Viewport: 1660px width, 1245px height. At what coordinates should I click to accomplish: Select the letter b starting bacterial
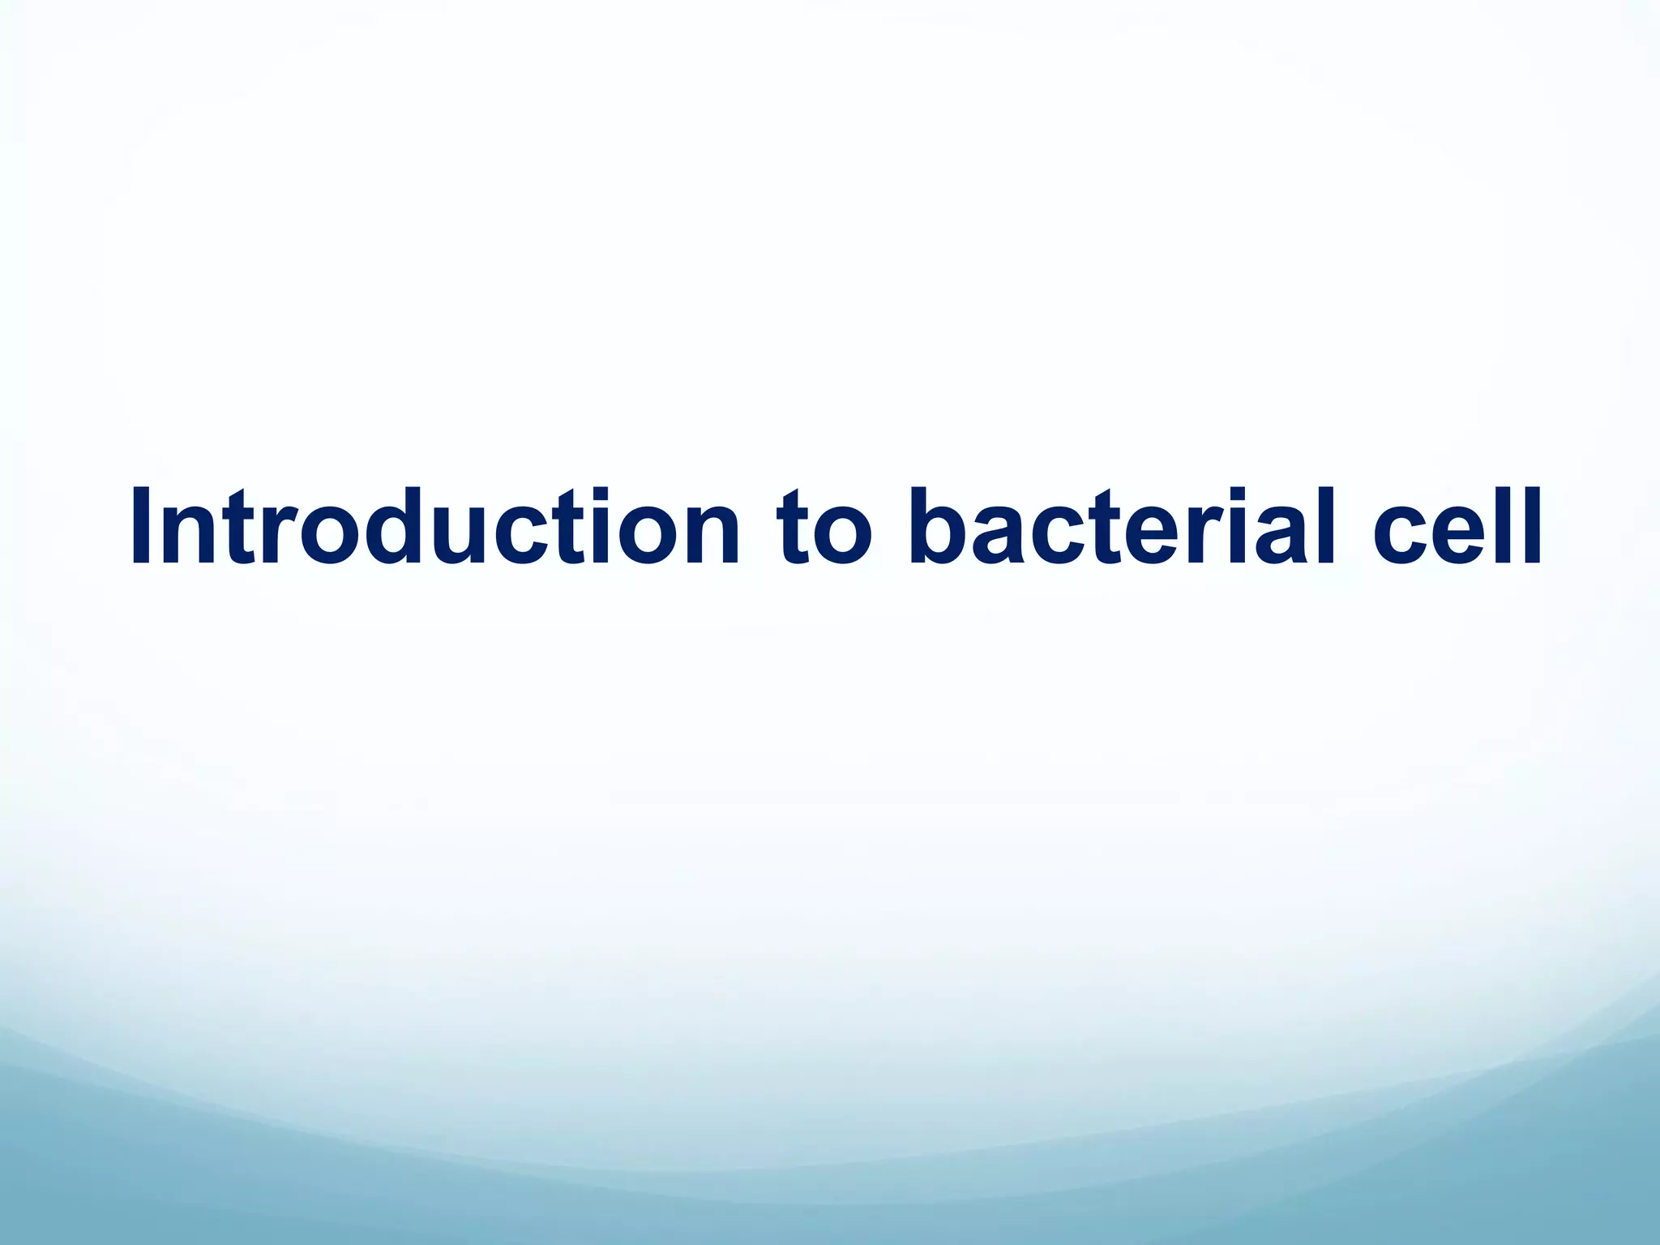pos(940,527)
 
